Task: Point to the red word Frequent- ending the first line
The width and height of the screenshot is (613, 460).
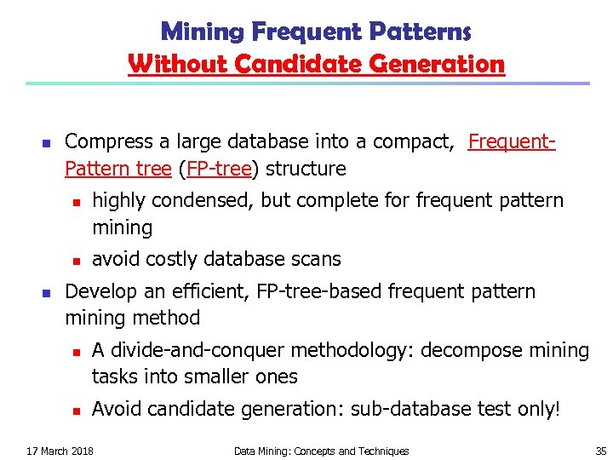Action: (512, 141)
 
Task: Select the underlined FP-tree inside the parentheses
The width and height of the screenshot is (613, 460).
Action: (218, 169)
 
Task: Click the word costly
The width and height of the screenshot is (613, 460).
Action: (170, 259)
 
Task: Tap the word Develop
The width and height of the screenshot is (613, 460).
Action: (99, 291)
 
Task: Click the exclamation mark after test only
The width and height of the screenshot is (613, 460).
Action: (558, 409)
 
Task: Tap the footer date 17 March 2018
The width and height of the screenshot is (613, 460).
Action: (60, 451)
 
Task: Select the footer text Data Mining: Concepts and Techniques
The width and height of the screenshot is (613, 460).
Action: (321, 451)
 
